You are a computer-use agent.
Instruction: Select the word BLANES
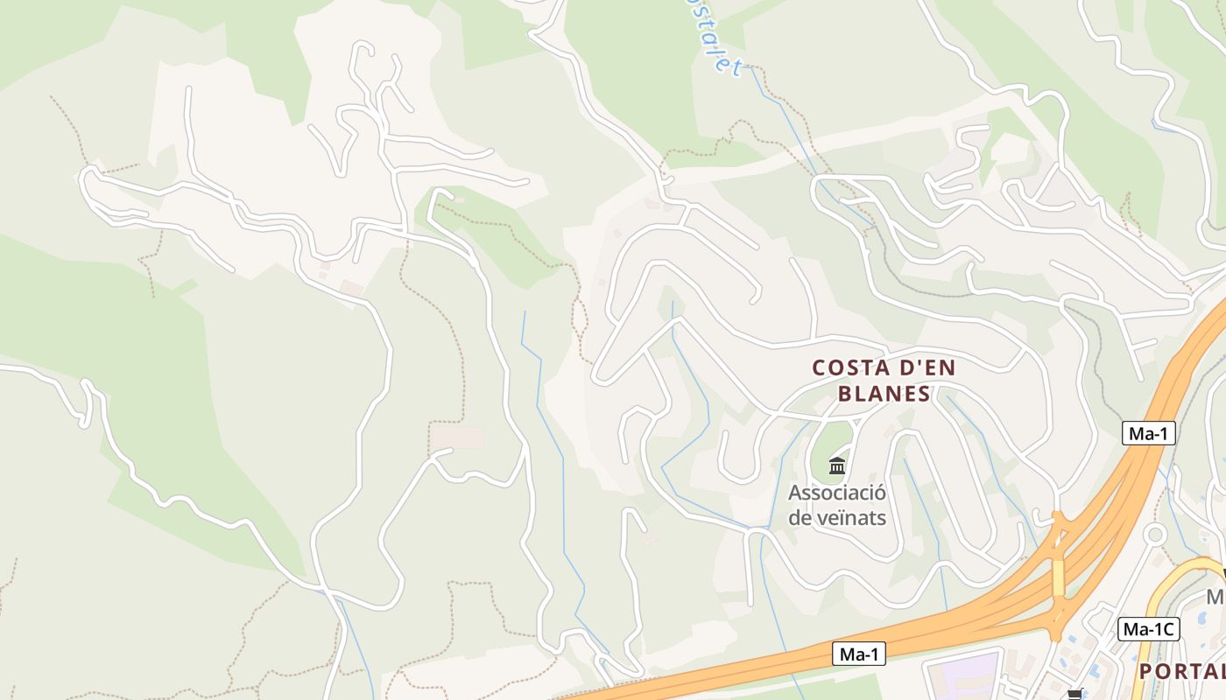[x=884, y=394]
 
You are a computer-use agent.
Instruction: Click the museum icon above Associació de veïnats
[x=837, y=465]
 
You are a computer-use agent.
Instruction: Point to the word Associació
[x=837, y=493]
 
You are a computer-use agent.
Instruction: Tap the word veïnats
[x=850, y=517]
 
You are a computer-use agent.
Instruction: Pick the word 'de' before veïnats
[x=800, y=517]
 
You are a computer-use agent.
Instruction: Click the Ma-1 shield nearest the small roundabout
[x=1148, y=432]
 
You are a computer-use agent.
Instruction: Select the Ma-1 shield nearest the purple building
[x=858, y=654]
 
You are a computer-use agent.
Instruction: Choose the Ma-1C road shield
[x=1149, y=628]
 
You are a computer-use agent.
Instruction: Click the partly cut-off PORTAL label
[x=1181, y=671]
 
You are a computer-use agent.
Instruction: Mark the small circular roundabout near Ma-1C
[x=1155, y=533]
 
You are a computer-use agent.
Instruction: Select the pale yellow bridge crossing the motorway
[x=1058, y=577]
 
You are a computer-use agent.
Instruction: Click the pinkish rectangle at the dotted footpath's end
[x=457, y=437]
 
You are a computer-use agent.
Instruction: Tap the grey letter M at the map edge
[x=1216, y=598]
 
